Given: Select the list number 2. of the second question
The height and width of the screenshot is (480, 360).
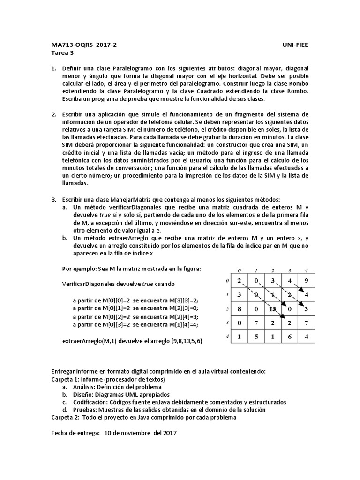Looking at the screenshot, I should point(54,114).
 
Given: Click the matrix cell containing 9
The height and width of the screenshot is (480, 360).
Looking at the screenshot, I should point(306,281).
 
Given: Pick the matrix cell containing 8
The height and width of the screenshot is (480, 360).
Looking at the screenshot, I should point(239,308).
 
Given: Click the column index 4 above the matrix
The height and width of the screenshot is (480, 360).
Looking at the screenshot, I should point(306,270).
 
